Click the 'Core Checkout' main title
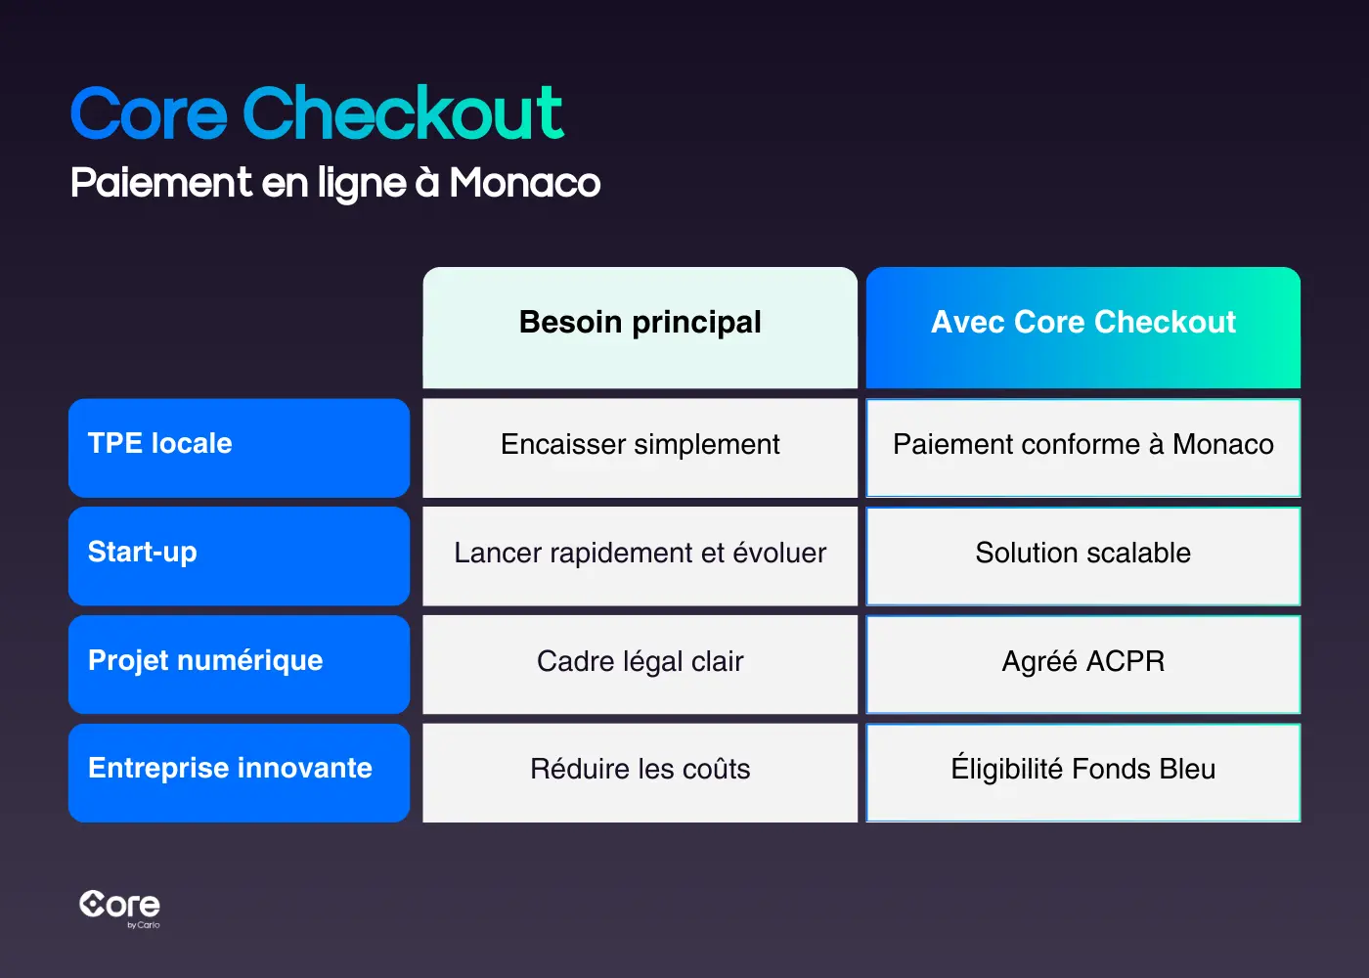coord(317,113)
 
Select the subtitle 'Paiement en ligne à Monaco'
coord(335,183)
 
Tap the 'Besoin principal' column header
coord(640,323)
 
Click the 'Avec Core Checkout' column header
coord(1082,323)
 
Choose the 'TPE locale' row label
coord(239,445)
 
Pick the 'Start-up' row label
coord(239,554)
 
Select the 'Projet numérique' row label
coord(239,662)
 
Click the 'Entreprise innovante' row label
coord(239,770)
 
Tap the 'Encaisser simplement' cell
coord(640,445)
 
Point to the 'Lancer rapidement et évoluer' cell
coord(640,554)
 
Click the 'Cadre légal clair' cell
coord(640,662)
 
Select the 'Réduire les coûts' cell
coord(640,770)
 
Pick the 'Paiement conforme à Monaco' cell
coord(1082,445)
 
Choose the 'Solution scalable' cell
coord(1082,554)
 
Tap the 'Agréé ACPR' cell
coord(1082,662)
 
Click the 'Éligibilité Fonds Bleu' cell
coord(1082,770)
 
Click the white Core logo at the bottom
coord(119,906)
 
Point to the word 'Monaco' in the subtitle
coord(525,183)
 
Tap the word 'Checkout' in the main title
coord(403,113)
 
